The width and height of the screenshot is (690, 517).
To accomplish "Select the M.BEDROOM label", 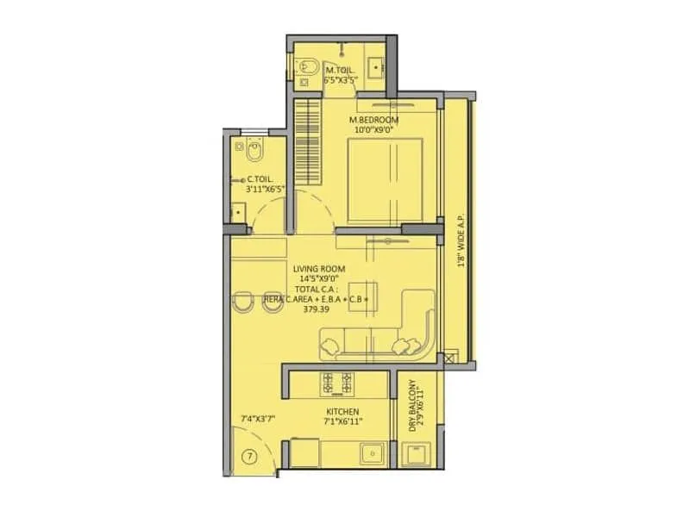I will pyautogui.click(x=372, y=119).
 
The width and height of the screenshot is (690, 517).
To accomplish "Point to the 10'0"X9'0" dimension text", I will pyautogui.click(x=372, y=130).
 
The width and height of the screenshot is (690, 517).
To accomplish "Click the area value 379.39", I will pyautogui.click(x=317, y=310).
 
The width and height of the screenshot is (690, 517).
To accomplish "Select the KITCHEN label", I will pyautogui.click(x=342, y=412).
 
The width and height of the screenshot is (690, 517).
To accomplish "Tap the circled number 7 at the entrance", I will pyautogui.click(x=248, y=456).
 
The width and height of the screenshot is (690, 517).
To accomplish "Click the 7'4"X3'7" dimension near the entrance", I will pyautogui.click(x=259, y=420).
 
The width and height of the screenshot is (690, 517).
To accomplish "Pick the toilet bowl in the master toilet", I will pyautogui.click(x=308, y=68).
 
